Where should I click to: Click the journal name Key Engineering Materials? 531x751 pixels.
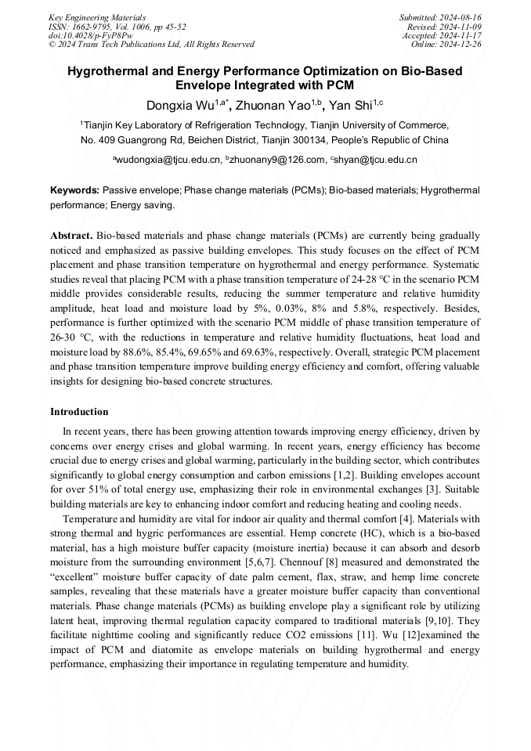(97, 17)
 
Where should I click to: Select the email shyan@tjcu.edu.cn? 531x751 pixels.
(376, 160)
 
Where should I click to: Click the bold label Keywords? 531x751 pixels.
(75, 190)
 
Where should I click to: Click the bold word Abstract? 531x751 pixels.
(71, 236)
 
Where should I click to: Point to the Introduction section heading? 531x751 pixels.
(79, 412)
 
